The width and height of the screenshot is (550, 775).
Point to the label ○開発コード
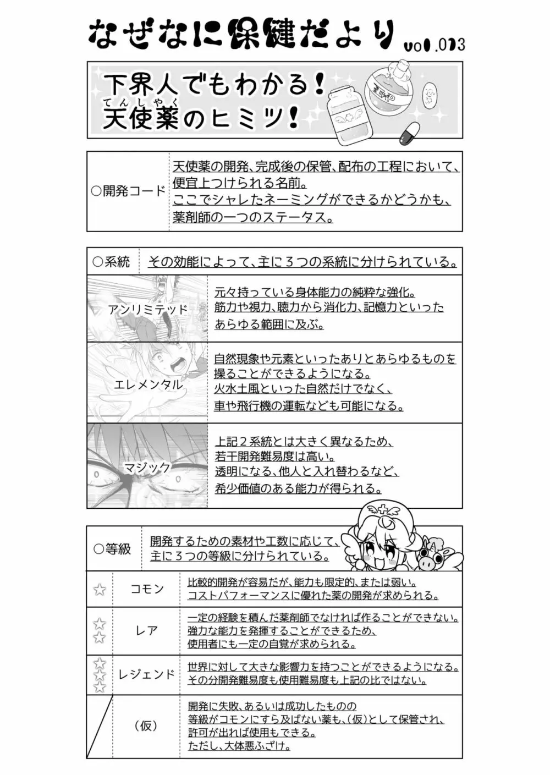coord(128,191)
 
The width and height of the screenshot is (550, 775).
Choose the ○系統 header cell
coord(112,262)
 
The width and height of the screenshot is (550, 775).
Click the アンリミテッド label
coord(148,309)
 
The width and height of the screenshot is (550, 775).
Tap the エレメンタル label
coord(148,385)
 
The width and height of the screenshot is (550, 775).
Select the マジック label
coord(147,468)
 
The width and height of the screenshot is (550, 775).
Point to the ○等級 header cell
coord(113,548)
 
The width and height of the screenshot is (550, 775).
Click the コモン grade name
coord(147,589)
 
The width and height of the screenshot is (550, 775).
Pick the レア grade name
coord(147,631)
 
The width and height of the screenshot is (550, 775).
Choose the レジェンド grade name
coord(147,674)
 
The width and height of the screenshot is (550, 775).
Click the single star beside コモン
coord(100,590)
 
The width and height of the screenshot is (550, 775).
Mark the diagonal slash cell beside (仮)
coord(100,726)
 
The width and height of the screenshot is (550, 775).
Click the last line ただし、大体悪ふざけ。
coord(239,746)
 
